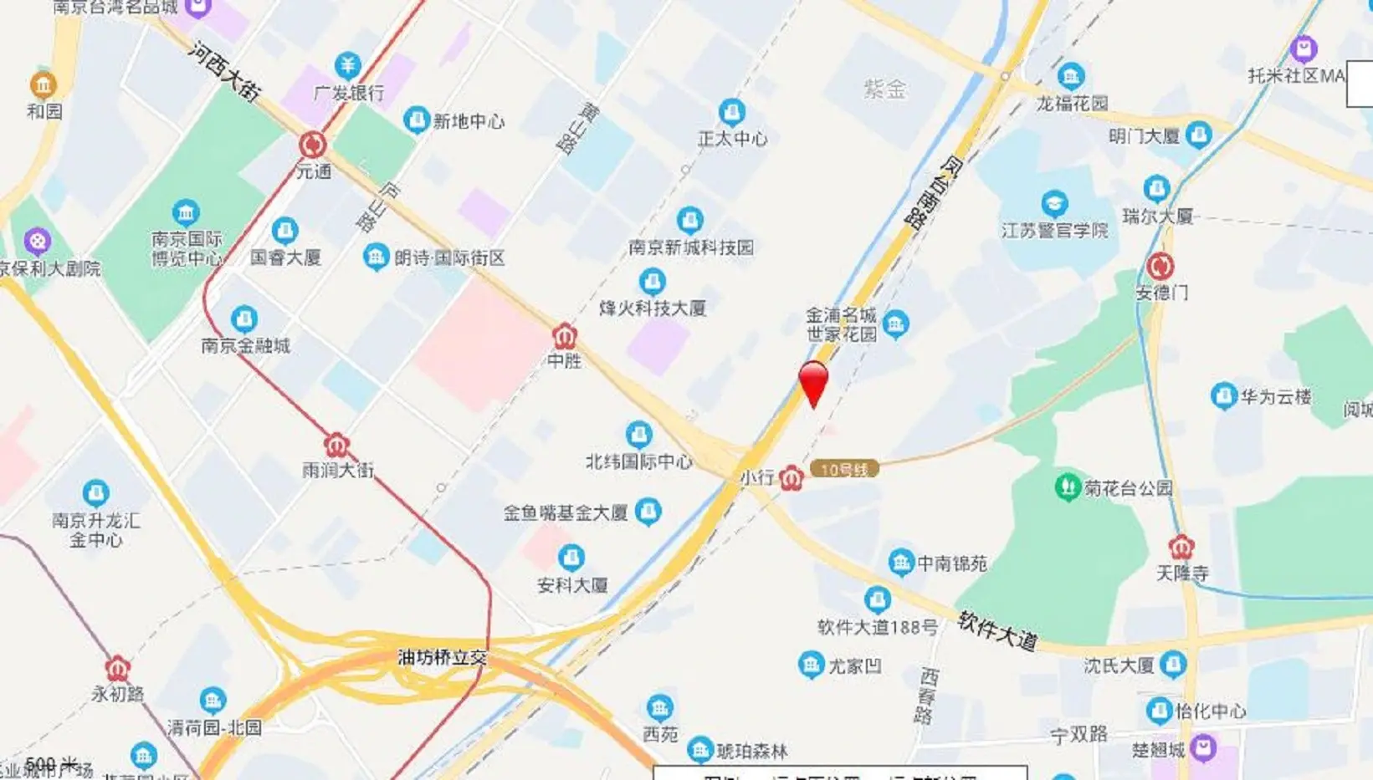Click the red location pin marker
tap(813, 382)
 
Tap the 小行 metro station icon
tap(792, 478)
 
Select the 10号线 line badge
tap(844, 469)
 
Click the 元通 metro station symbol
tap(313, 145)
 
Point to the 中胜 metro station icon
tap(565, 336)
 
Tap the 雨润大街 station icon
tap(336, 445)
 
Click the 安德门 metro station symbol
tap(1160, 267)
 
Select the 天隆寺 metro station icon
tap(1181, 548)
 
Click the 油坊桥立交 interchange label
tap(442, 658)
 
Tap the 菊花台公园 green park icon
tap(1067, 487)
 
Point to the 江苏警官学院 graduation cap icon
tap(1054, 203)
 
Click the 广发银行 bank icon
tap(347, 65)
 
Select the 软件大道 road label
tap(997, 630)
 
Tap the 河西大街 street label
tap(223, 72)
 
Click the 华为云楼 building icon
tap(1223, 395)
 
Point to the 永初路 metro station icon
tap(118, 669)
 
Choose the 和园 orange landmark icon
tap(44, 84)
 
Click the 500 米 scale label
tap(52, 764)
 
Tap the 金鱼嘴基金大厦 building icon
tap(648, 512)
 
